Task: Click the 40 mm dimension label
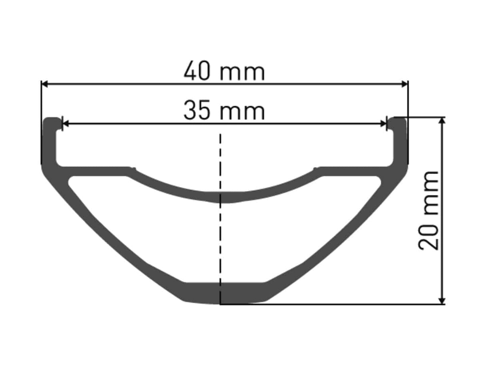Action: tap(224, 71)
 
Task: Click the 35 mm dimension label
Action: tap(224, 110)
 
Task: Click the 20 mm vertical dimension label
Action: tap(428, 211)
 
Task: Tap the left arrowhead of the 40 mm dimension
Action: tap(45, 84)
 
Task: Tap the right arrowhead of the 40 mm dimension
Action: tap(404, 84)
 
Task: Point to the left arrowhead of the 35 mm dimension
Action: tap(66, 124)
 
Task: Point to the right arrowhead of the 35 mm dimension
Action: tap(384, 124)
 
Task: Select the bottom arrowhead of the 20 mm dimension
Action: tap(442, 300)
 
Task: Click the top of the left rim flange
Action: tap(52, 119)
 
